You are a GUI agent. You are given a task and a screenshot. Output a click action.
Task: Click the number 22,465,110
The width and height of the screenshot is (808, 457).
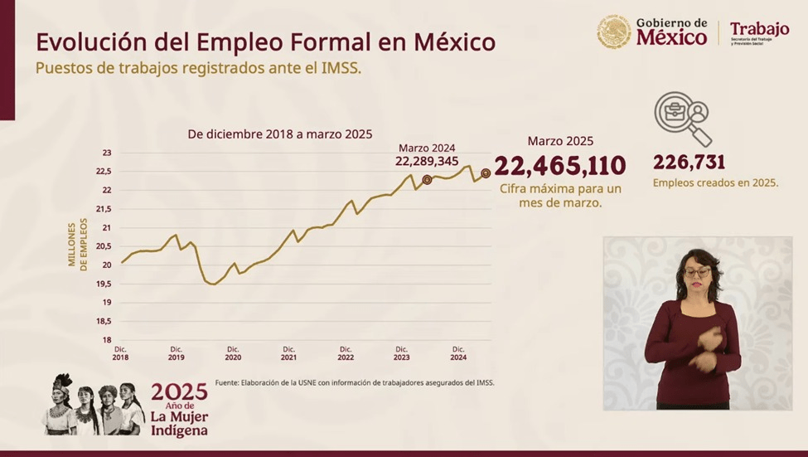tap(560, 166)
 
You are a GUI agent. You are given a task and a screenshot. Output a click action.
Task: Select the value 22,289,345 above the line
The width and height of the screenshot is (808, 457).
tap(427, 161)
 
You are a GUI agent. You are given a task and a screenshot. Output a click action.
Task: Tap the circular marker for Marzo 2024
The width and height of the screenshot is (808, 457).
tap(427, 180)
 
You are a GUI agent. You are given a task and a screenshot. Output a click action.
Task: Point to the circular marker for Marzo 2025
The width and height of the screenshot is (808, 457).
tap(486, 173)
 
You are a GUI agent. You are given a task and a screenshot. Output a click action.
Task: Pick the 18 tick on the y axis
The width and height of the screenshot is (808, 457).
tap(107, 340)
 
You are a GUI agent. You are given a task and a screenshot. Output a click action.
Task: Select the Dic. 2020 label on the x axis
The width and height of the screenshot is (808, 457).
tap(233, 352)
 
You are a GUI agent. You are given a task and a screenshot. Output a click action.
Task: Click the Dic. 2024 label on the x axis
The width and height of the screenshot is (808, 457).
tap(458, 352)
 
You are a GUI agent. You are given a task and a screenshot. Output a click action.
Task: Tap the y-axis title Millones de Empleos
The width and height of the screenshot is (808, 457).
tap(77, 244)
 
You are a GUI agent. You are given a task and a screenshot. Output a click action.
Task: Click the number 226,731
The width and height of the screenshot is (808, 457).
tap(689, 162)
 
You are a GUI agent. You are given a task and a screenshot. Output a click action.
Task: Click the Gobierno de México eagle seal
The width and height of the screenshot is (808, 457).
tap(614, 32)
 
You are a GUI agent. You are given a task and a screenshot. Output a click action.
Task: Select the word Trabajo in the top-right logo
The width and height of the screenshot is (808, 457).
tap(759, 29)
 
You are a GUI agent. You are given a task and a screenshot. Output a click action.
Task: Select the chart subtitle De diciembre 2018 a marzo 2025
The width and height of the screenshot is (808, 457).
tap(280, 134)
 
